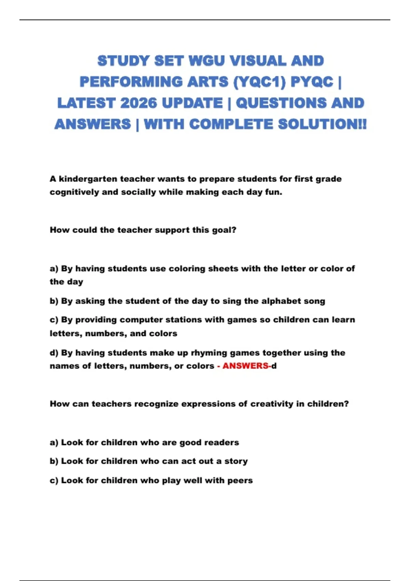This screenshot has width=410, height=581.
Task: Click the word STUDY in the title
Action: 123,61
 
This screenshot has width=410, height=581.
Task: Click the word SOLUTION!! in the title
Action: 322,124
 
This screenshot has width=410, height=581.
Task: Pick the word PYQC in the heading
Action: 312,82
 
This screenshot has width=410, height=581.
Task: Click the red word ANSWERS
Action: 245,366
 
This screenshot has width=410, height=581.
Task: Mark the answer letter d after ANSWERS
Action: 274,366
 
